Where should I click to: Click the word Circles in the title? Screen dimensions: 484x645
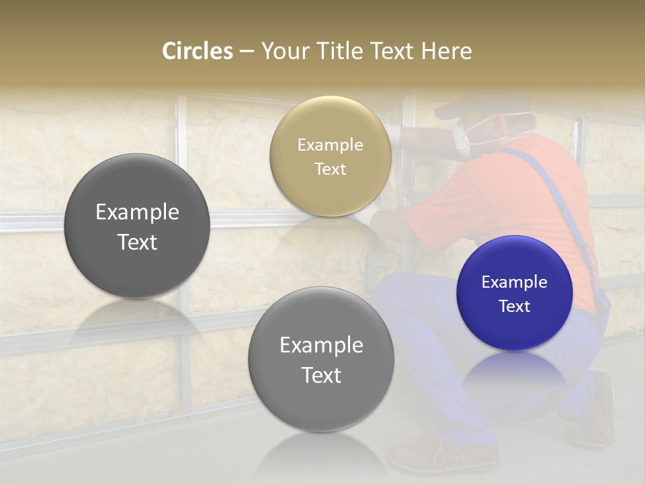(198, 51)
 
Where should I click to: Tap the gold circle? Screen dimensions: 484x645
(331, 156)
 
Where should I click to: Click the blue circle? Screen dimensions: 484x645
(515, 293)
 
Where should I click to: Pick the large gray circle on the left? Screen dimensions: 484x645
(137, 226)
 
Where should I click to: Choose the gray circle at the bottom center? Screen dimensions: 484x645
(321, 359)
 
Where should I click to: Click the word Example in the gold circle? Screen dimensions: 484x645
(331, 145)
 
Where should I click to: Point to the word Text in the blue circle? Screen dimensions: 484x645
(515, 306)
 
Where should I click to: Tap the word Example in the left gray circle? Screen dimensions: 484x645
(137, 212)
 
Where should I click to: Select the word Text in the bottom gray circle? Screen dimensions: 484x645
(321, 375)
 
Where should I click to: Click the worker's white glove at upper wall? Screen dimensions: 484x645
(393, 134)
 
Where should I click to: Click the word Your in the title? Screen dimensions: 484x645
(283, 51)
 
